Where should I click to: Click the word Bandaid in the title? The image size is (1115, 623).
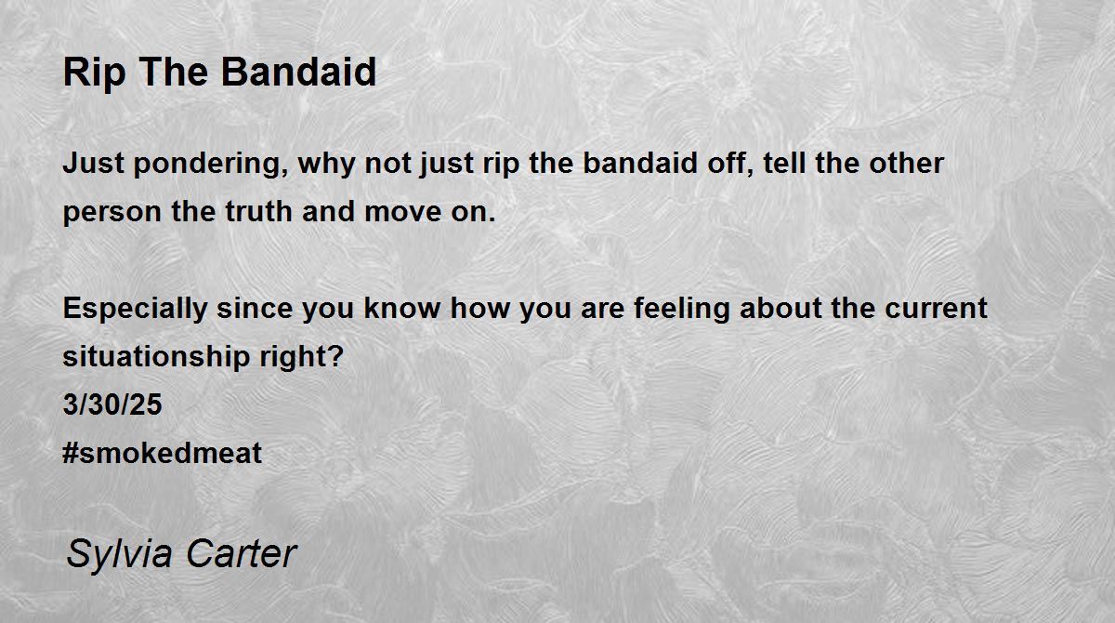point(298,72)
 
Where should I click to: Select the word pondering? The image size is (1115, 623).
point(211,165)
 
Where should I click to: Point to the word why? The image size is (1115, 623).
point(326,165)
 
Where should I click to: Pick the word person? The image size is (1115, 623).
point(112,213)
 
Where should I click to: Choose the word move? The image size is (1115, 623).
point(402,212)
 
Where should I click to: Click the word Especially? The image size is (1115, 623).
point(135,310)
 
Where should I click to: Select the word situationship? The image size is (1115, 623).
point(156,358)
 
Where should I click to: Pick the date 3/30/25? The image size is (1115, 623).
point(112,404)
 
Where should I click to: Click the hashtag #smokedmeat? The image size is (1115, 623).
point(162,453)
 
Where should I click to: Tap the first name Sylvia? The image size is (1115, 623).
point(120,555)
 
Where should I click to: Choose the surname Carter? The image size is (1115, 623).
point(242,553)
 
